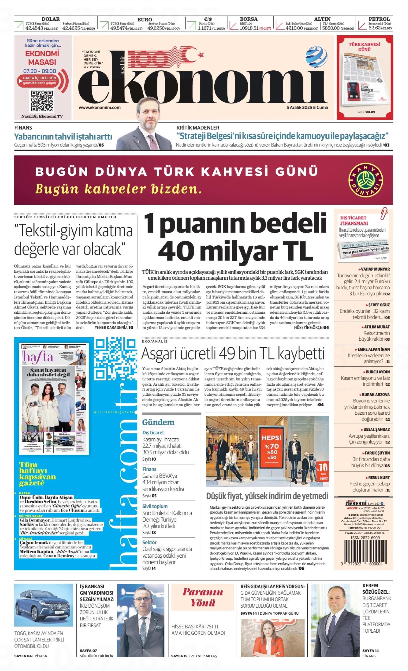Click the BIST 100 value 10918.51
249,28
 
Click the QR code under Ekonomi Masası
42,101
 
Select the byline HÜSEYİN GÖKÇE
308,328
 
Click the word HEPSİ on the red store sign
271,438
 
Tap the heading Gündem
158,422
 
